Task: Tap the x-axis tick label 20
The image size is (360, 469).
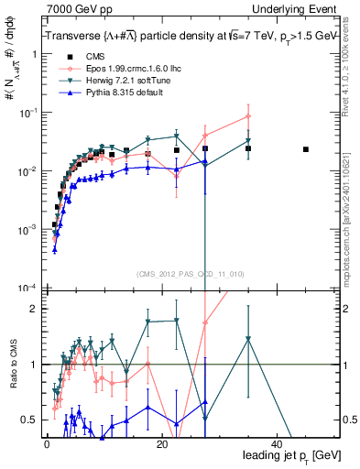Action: point(161,443)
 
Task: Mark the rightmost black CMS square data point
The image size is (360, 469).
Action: point(306,149)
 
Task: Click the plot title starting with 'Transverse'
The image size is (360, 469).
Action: point(188,35)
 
